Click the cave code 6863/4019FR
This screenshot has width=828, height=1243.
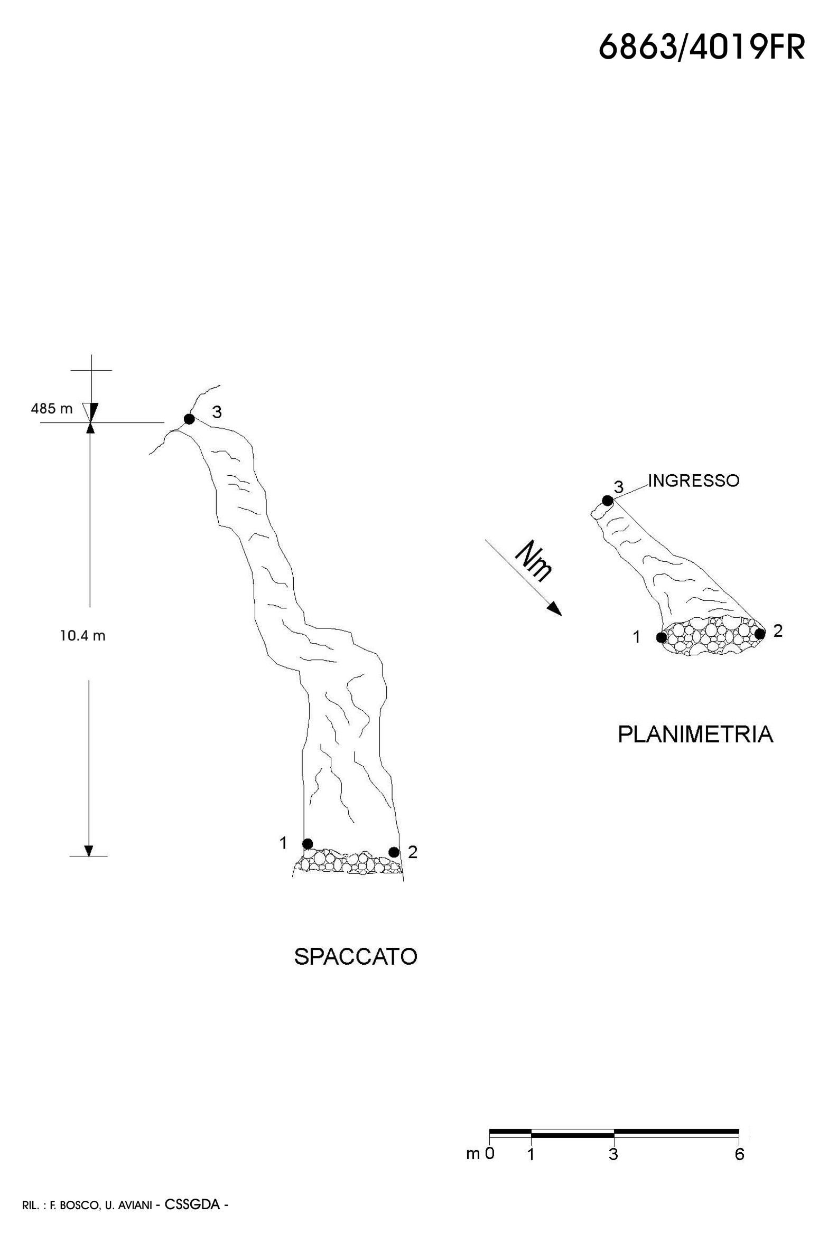tap(701, 48)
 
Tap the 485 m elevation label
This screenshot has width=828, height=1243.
tap(52, 408)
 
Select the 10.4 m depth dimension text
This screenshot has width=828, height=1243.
tap(82, 636)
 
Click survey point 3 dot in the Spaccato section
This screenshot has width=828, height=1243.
tap(189, 419)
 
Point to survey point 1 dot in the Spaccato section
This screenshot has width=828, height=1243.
tap(308, 843)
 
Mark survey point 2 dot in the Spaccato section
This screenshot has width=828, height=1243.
tap(394, 852)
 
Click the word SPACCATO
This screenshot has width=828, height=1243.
tap(356, 957)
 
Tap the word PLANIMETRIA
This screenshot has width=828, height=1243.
tap(695, 734)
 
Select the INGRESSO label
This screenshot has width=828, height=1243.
tap(693, 481)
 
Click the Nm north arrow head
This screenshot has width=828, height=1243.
tap(555, 609)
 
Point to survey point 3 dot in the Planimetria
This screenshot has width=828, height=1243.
tap(608, 501)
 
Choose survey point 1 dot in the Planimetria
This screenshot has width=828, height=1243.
tap(661, 637)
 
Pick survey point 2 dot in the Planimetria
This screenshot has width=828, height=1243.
tap(760, 634)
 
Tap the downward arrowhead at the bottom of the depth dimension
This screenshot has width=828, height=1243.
tap(89, 850)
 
